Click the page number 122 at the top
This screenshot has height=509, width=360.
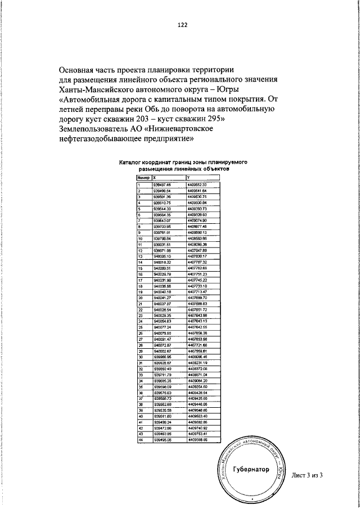coord(182,25)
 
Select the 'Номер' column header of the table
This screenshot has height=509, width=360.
coord(144,178)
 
